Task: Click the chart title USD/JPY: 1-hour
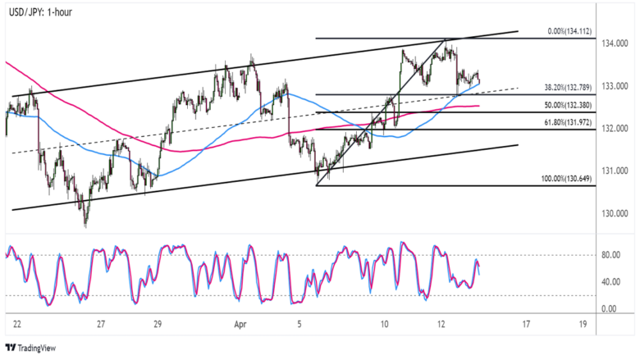pos(39,12)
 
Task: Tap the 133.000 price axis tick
pos(614,86)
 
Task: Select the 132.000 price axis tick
pos(614,129)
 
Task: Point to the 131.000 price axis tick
pos(614,171)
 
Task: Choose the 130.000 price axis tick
pos(614,214)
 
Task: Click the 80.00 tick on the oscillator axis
pos(610,255)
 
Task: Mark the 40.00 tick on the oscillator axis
pos(610,282)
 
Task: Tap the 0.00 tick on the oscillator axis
pos(608,309)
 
